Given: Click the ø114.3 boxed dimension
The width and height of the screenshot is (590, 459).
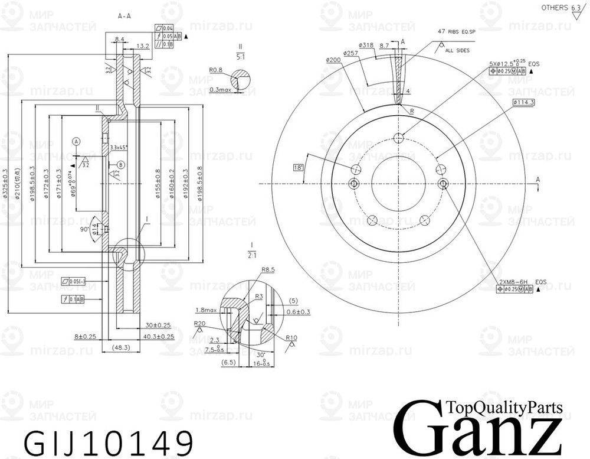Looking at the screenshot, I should point(523,103).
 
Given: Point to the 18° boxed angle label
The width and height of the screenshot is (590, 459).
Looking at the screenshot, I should point(299,168).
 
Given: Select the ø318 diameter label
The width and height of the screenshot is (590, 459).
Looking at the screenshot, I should point(367,45).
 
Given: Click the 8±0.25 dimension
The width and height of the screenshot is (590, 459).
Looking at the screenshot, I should point(85,336).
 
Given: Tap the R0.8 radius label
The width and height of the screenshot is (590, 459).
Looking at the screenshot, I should point(216,69).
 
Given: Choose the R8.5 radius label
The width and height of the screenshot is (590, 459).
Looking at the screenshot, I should point(268,270).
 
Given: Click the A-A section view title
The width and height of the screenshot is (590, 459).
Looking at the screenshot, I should point(124,17).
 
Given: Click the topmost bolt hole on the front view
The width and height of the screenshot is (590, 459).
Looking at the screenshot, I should point(398,138).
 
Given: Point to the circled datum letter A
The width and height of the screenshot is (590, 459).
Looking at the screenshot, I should point(76,141).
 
